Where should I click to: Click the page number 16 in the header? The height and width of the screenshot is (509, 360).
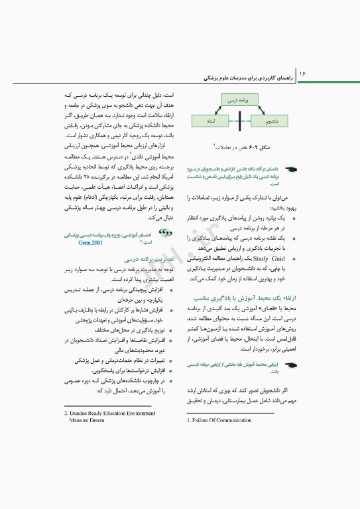[x=302, y=70]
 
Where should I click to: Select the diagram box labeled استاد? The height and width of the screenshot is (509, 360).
[x=210, y=122]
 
